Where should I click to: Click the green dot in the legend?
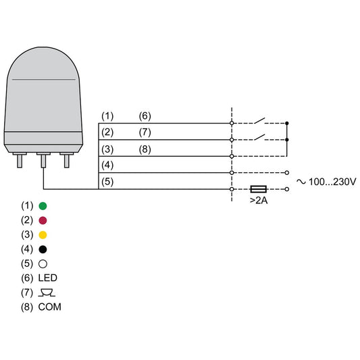[x=42, y=205]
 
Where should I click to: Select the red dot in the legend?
[x=42, y=220]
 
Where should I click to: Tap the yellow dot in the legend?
[x=42, y=234]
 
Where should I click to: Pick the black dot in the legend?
[x=42, y=249]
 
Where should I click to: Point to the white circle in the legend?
[x=42, y=263]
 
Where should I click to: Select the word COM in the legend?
[x=51, y=307]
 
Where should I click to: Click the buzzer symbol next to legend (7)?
[x=46, y=292]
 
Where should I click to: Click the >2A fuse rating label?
[x=258, y=201]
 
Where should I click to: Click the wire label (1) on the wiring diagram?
[x=108, y=115]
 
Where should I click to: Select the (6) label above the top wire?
[x=145, y=115]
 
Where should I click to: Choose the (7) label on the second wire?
[x=145, y=131]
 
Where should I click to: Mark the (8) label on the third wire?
[x=145, y=148]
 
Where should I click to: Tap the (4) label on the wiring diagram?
[x=108, y=164]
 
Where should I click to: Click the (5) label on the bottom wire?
[x=108, y=181]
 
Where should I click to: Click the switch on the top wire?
[x=261, y=122]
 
